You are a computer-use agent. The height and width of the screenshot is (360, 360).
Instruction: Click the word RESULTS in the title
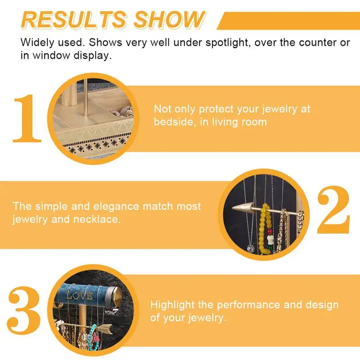[x=74, y=20]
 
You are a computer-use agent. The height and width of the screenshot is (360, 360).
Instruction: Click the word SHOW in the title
[x=170, y=20]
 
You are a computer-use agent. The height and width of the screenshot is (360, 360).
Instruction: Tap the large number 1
[x=27, y=118]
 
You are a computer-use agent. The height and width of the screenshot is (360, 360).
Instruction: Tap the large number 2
[x=333, y=210]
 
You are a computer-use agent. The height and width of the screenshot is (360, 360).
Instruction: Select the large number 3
[x=24, y=310]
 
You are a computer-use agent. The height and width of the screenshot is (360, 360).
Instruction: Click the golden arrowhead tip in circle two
[x=232, y=208]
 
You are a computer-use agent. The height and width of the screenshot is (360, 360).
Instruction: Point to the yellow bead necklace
[x=265, y=229]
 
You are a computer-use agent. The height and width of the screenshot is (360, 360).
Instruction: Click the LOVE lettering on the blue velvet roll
[x=80, y=296]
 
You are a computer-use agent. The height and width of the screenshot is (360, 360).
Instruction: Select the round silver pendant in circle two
[x=251, y=248]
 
